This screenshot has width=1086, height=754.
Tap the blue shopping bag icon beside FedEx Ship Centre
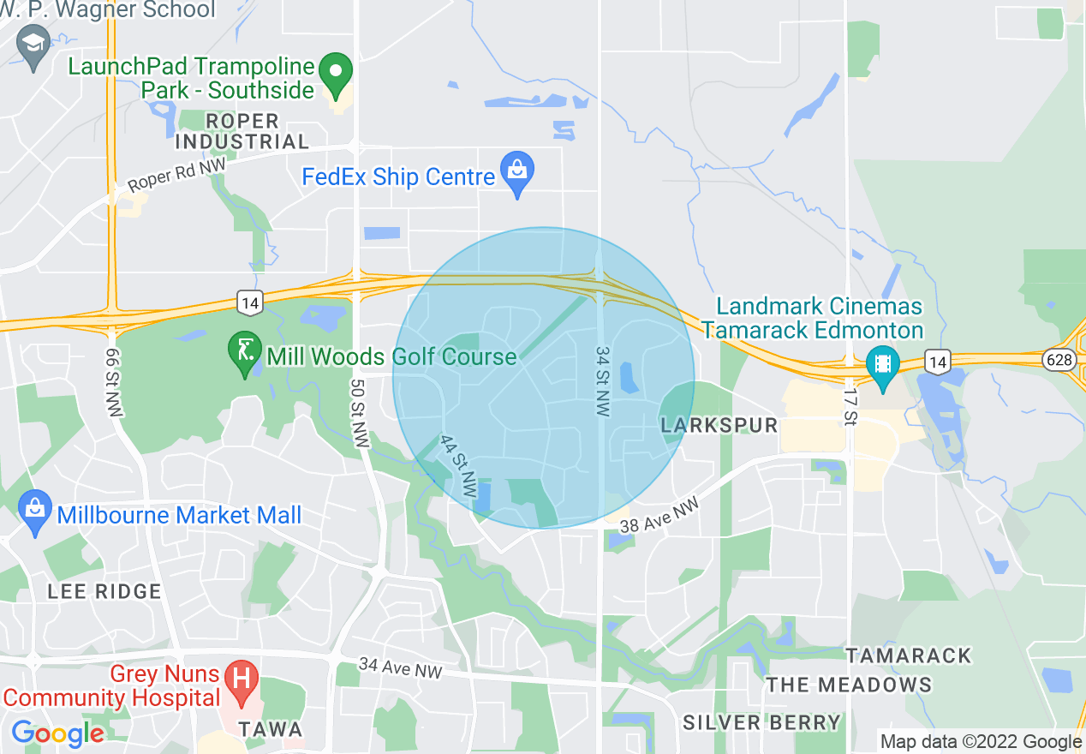click(517, 171)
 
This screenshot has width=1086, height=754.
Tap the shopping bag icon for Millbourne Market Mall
click(35, 512)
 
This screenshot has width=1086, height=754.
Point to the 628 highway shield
click(1059, 360)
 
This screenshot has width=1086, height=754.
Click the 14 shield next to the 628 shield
click(938, 362)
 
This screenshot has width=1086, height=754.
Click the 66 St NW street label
click(114, 383)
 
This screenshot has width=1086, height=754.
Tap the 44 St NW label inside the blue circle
click(457, 467)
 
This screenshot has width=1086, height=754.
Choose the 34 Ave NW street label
click(400, 667)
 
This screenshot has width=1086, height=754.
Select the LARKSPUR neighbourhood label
click(719, 425)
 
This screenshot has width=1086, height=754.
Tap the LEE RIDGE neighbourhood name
click(104, 591)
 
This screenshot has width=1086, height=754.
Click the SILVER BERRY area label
click(761, 722)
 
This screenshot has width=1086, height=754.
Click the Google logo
click(57, 733)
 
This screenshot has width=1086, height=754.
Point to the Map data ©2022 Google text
click(982, 742)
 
